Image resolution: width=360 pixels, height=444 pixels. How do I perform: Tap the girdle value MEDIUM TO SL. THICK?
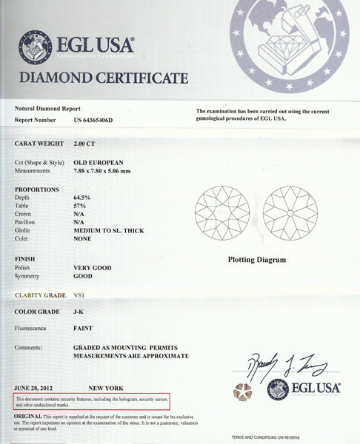108,230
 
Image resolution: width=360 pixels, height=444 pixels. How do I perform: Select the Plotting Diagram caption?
256,260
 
